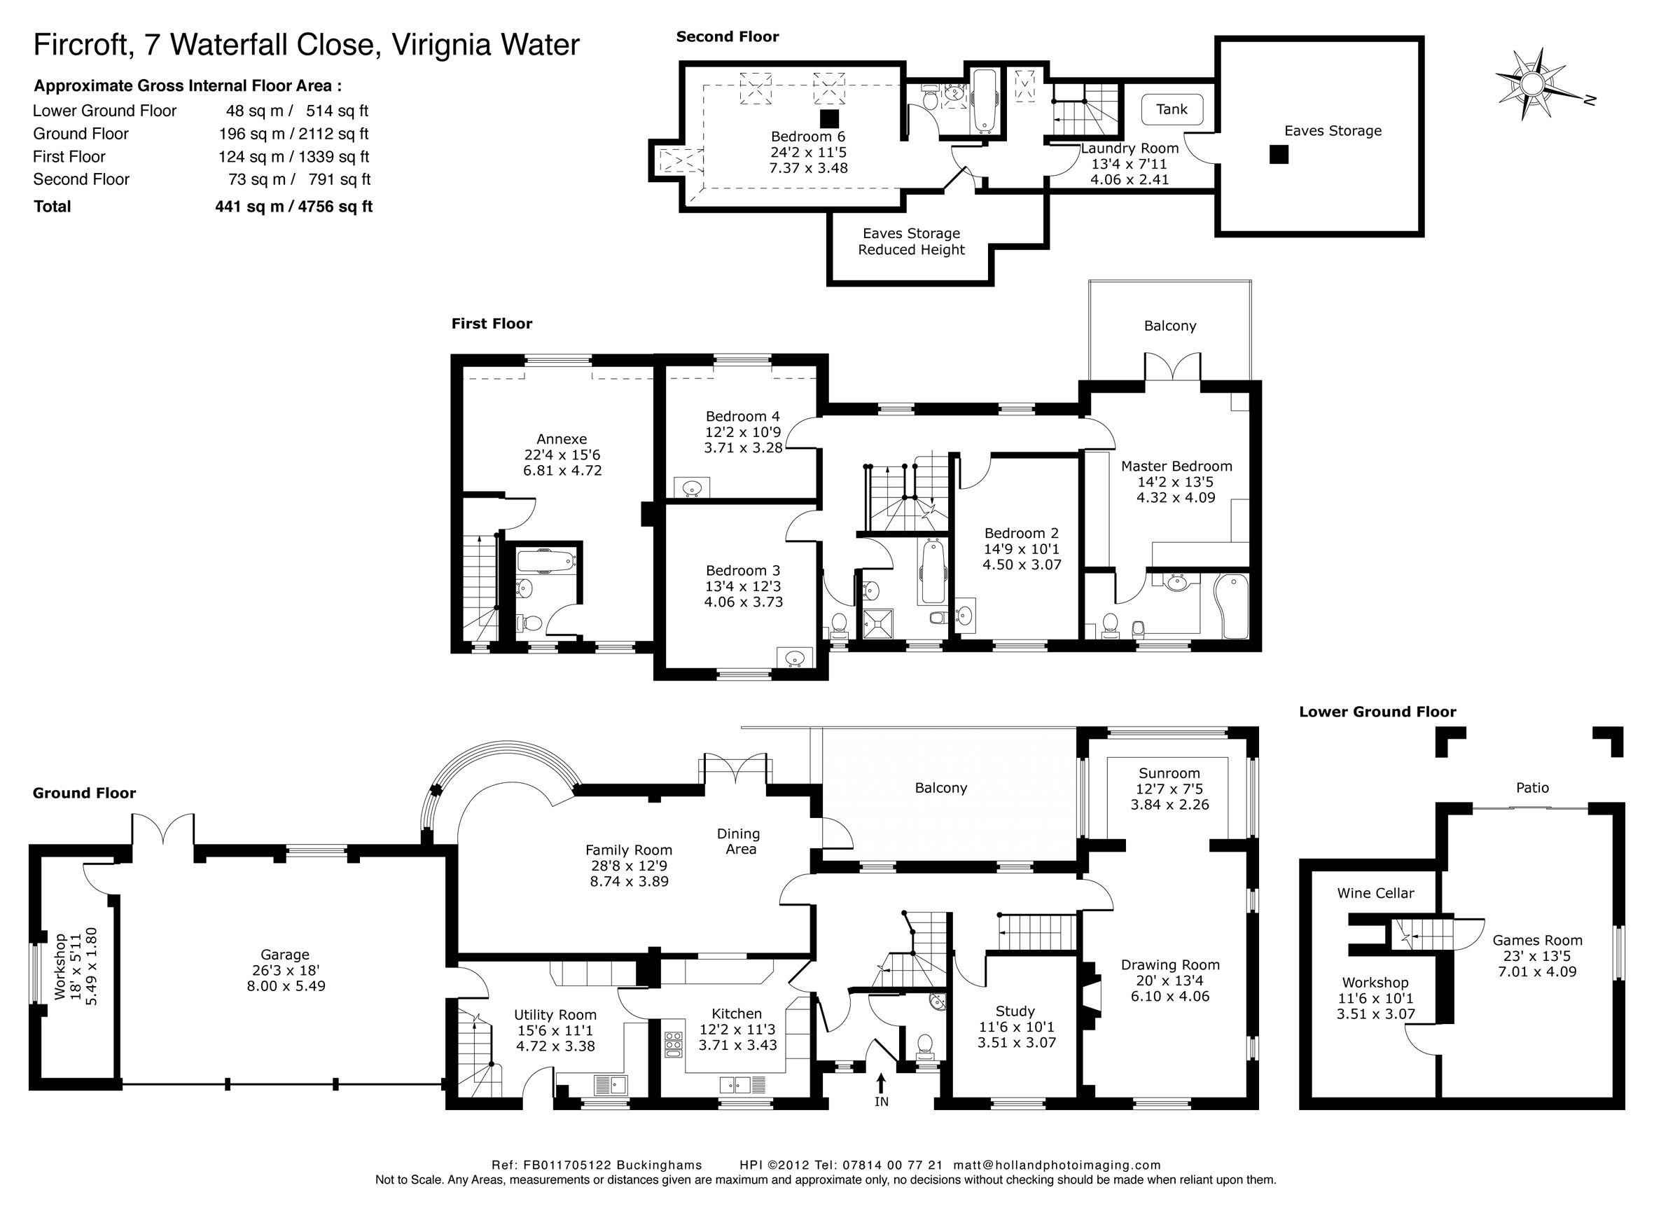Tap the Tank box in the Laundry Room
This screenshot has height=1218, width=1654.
pos(1172,110)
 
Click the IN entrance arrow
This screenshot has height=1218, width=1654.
pos(881,1081)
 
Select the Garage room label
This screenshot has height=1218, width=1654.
pos(285,955)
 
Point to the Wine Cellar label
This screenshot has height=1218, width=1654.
pos(1375,893)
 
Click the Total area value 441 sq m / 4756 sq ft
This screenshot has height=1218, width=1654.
pos(293,207)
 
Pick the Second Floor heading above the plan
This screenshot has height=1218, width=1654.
pos(728,37)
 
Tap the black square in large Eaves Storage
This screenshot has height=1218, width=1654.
pos(1279,155)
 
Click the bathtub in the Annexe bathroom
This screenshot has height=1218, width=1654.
pos(545,562)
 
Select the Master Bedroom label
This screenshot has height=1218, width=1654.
pos(1176,466)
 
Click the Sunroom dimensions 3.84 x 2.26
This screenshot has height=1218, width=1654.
pos(1169,804)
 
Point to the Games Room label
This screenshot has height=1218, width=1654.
pos(1538,940)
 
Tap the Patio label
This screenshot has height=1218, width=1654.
pos(1532,787)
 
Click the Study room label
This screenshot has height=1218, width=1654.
pos(1015,1011)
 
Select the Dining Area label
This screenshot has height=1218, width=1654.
pos(739,841)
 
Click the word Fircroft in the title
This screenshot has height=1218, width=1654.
pos(83,45)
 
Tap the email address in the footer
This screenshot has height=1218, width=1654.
pos(1057,1165)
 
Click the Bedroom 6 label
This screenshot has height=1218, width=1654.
pos(808,137)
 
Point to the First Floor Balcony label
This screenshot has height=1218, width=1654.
pos(1169,326)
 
